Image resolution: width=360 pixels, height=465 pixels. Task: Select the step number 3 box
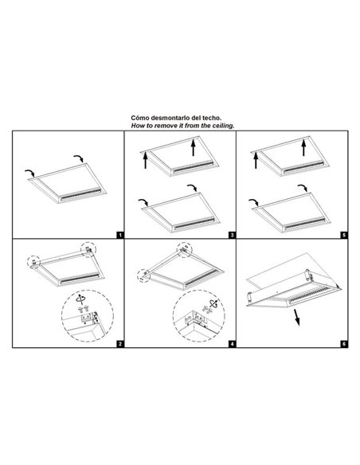pyautogui.click(x=232, y=236)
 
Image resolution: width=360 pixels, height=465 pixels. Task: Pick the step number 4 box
pyautogui.click(x=232, y=343)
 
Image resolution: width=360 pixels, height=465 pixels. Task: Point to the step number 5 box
pyautogui.click(x=344, y=236)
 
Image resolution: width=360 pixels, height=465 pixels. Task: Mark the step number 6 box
pyautogui.click(x=344, y=343)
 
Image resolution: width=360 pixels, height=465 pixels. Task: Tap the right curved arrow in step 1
pyautogui.click(x=77, y=158)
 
